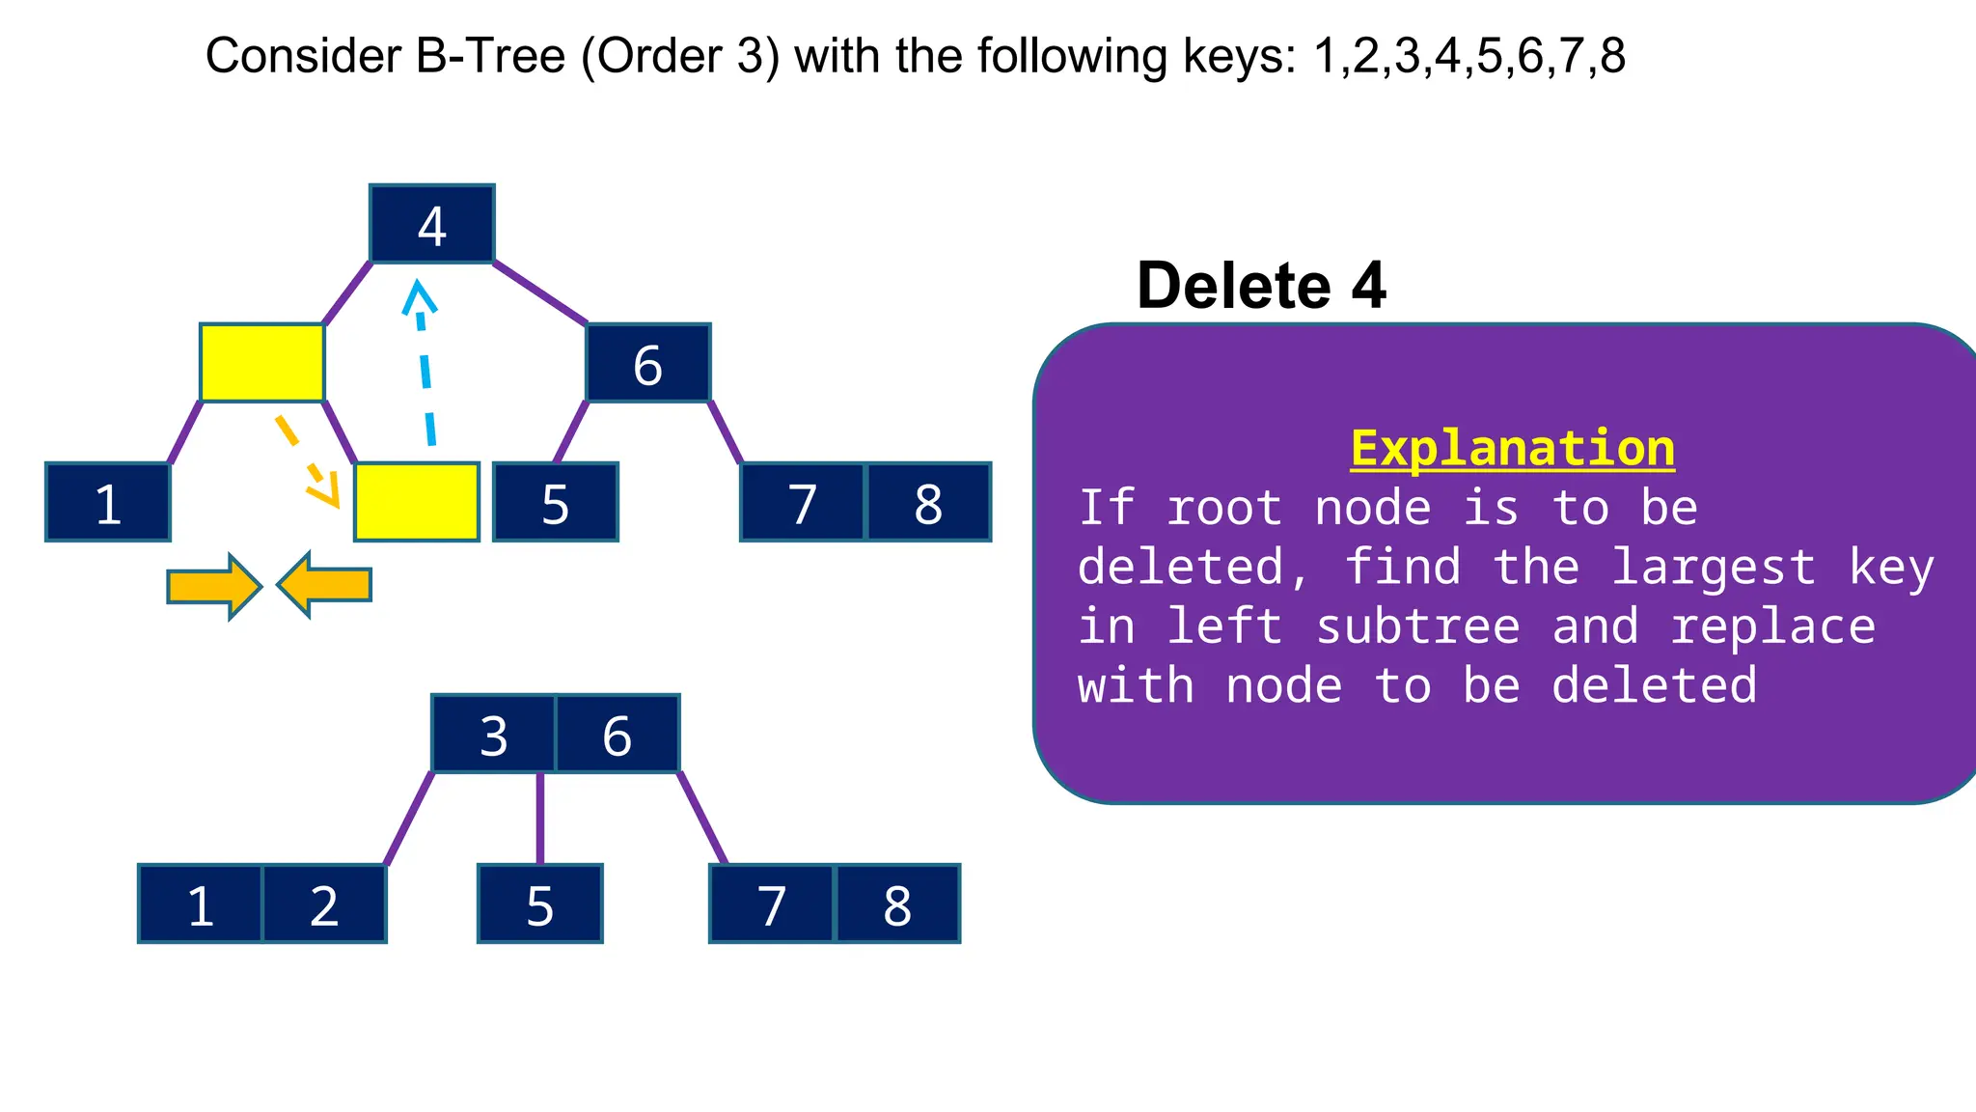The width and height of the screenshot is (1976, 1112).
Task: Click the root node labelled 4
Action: [x=431, y=224]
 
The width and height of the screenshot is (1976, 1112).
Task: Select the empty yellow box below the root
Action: [x=261, y=363]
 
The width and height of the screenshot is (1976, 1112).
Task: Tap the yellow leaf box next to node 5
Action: [x=416, y=502]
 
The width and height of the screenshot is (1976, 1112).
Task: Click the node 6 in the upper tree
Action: [x=647, y=363]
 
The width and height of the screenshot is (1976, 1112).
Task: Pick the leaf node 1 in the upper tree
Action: [x=107, y=502]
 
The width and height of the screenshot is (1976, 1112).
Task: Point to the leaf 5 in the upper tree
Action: [x=555, y=502]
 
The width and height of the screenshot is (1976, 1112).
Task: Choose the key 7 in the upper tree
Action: [x=803, y=502]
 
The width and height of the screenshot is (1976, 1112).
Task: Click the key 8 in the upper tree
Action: [x=928, y=502]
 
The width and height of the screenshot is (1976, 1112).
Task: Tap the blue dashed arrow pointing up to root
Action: [x=424, y=367]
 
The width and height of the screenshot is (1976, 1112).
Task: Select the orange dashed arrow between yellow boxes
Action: [x=307, y=461]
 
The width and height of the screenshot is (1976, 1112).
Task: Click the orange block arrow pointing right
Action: [x=213, y=586]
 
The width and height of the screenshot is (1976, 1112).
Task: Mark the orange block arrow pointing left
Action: [x=324, y=585]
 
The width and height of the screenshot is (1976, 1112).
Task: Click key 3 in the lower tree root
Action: [x=493, y=734]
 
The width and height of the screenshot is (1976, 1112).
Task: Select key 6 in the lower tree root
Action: [x=617, y=734]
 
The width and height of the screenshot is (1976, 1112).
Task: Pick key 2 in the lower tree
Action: [x=324, y=903]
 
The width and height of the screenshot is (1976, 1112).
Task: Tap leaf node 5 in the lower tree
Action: [x=539, y=903]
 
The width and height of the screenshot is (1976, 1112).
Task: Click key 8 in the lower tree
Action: [x=897, y=903]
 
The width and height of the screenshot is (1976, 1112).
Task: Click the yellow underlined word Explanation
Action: [x=1512, y=449]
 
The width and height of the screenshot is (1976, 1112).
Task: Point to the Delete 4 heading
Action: [x=1261, y=286]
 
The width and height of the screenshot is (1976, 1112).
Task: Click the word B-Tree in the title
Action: [x=490, y=56]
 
